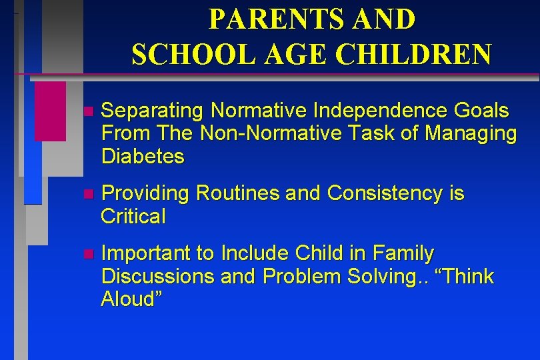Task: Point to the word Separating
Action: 153,111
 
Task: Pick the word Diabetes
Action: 143,157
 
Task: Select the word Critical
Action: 133,217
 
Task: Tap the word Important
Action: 148,254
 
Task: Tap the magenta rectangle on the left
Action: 50,111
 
